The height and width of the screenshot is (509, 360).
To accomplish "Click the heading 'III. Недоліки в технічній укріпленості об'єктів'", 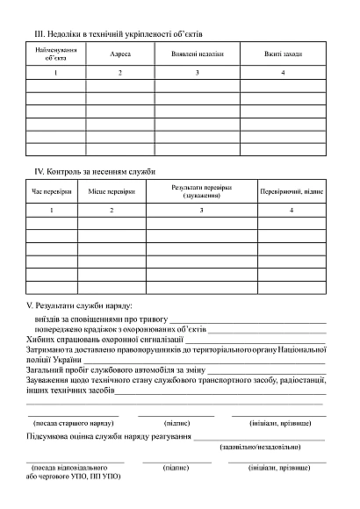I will [119, 33].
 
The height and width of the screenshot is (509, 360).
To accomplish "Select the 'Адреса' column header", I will [120, 54].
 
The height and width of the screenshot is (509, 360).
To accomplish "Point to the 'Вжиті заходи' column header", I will [283, 54].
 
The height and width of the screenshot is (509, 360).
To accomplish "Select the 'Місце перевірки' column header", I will [112, 190].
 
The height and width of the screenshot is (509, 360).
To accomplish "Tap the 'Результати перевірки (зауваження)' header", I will [201, 190].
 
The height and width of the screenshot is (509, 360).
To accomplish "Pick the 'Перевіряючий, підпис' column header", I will [292, 190].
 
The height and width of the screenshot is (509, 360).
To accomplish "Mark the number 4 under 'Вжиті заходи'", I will [283, 72].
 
